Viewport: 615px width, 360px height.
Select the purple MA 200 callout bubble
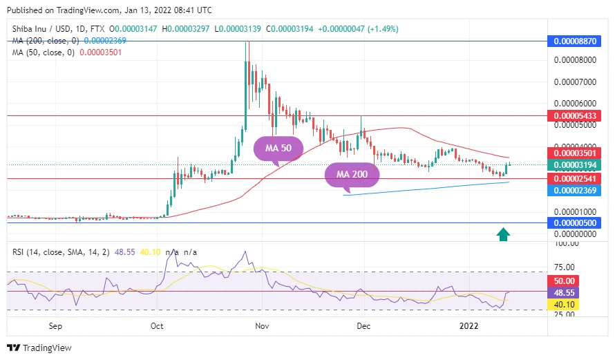tap(352, 174)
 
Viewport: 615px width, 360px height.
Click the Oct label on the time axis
tap(157, 325)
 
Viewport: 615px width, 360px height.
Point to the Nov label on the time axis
tap(261, 325)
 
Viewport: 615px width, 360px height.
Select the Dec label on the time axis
tap(364, 325)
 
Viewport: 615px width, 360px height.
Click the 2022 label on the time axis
tap(469, 325)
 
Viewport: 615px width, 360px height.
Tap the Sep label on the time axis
tap(56, 325)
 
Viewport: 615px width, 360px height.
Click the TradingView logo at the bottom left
tap(39, 348)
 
